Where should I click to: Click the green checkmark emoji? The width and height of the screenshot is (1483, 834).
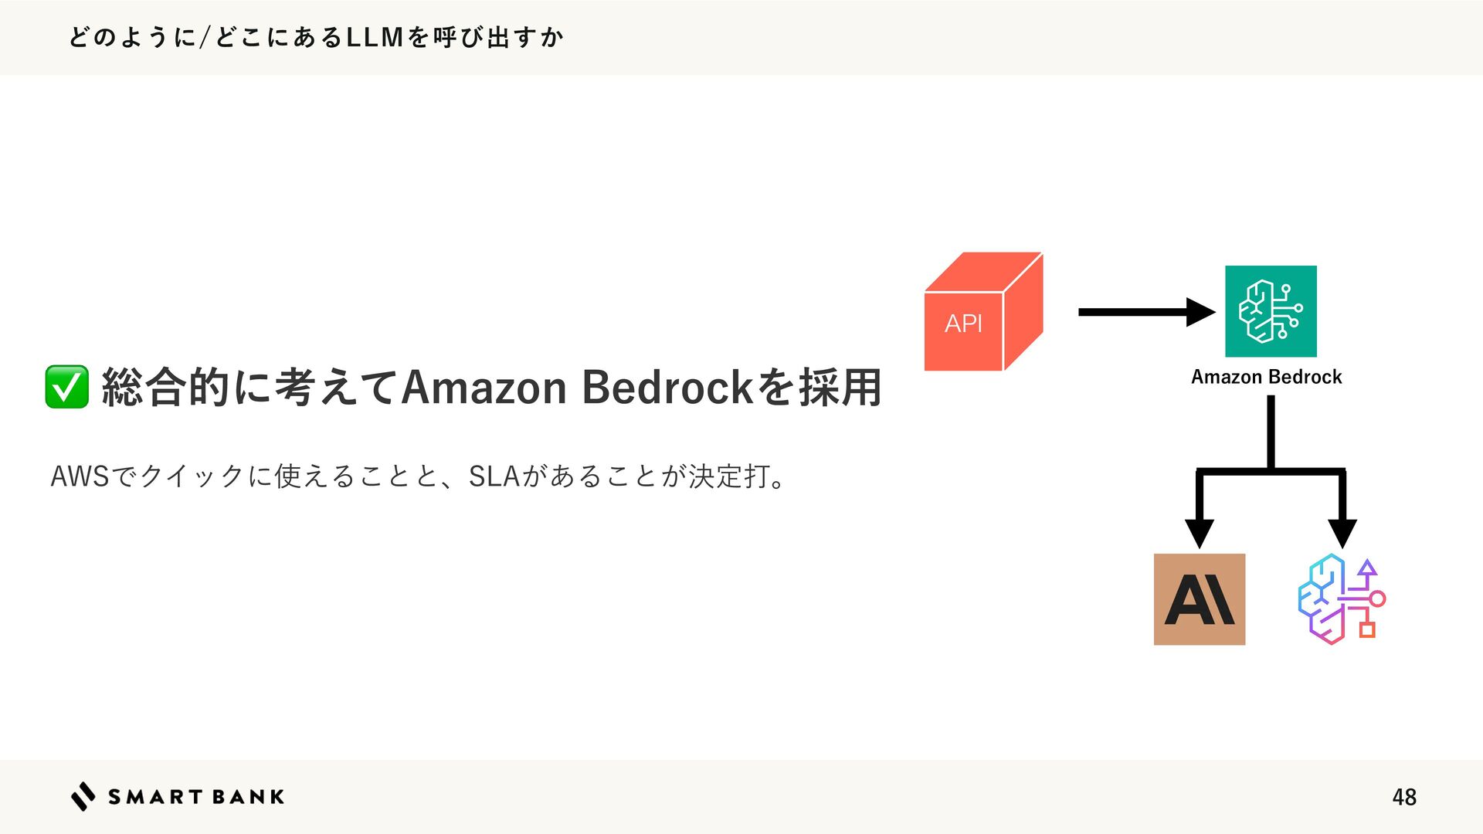(66, 387)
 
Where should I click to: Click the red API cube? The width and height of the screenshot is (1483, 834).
(982, 313)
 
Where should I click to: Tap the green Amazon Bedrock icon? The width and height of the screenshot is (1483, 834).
(1271, 311)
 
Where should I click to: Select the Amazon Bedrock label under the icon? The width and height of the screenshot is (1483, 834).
(1266, 377)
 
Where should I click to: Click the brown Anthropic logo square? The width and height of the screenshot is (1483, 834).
(1199, 599)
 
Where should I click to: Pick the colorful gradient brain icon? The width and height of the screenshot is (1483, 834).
(1342, 599)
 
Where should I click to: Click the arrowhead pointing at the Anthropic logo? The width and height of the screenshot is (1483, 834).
(1199, 534)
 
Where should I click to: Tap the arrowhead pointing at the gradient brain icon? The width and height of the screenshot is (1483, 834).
(1342, 534)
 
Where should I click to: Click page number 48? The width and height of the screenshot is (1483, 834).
(1403, 797)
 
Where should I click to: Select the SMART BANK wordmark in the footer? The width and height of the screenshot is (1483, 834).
(196, 797)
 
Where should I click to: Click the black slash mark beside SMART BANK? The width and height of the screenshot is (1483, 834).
(83, 796)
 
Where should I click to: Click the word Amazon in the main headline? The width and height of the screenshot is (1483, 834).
(484, 388)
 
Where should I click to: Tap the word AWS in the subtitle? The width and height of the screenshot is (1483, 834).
(80, 476)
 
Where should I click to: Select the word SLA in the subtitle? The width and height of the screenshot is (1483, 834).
(494, 476)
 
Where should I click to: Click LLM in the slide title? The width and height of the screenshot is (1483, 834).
(375, 37)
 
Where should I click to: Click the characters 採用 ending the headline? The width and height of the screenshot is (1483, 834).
(840, 388)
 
